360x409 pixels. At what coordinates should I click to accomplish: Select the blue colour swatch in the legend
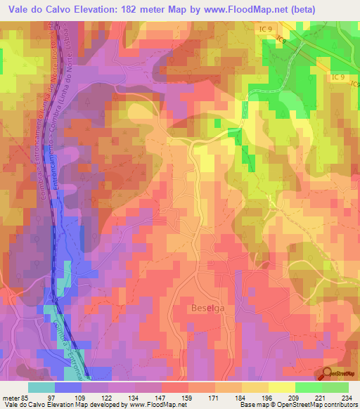click(x=67, y=387)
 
